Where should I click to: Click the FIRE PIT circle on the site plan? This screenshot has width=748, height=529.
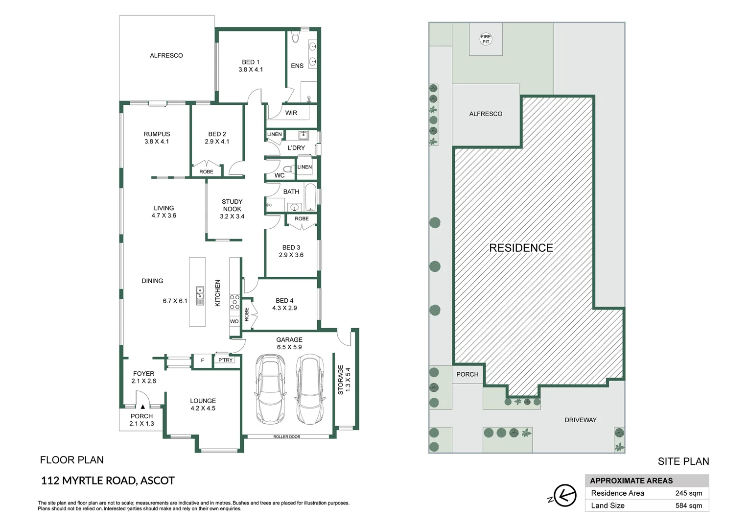pos(485,39)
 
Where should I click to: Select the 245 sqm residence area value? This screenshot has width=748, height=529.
pos(688,493)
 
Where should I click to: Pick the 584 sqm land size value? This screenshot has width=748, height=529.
pos(688,505)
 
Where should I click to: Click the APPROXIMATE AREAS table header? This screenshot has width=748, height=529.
pos(631,481)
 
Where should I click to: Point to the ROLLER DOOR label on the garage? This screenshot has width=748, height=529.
pos(286,436)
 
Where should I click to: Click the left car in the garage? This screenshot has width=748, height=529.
pos(270,389)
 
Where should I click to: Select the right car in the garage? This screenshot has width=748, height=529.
pos(310,389)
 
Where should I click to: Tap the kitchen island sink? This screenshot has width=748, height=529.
pos(200,296)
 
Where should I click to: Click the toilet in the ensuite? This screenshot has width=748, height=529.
pos(295,37)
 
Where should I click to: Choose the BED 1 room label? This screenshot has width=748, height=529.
pos(251,66)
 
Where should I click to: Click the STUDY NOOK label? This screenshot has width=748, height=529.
pos(232,209)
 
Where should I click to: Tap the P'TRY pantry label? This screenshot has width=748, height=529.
pos(226,360)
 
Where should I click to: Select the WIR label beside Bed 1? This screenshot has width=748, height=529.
pos(291,113)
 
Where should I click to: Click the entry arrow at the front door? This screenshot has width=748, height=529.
pos(142,406)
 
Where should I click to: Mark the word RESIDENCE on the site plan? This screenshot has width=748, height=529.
pos(521,248)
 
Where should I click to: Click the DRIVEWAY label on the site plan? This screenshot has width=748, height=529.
pos(580,420)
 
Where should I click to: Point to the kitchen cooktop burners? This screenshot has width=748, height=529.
pos(234,302)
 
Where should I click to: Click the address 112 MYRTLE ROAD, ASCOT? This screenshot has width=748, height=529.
pos(108,481)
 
